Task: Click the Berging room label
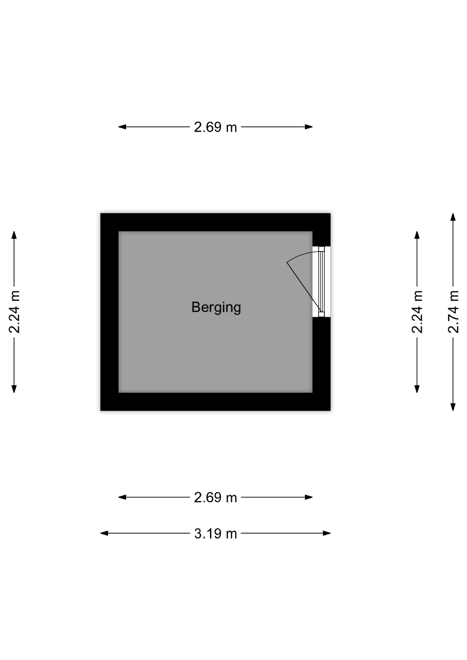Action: [216, 307]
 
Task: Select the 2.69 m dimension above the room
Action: [215, 127]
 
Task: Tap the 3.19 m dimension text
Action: [216, 533]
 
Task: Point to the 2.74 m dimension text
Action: [453, 312]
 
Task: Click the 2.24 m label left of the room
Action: [14, 312]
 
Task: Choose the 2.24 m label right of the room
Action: [417, 312]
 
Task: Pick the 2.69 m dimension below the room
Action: [215, 497]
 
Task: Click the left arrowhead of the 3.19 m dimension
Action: [104, 533]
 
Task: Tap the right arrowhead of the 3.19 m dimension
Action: [327, 533]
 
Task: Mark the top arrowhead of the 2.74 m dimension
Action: [453, 217]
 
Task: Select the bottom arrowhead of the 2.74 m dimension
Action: [453, 407]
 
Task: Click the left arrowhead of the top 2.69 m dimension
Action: [122, 127]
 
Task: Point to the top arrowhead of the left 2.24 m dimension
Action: [14, 235]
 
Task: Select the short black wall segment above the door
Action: [321, 239]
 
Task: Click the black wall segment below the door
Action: [321, 355]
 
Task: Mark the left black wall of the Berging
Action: [109, 312]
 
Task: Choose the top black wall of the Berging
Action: [215, 222]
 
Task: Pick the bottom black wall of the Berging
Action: [215, 401]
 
